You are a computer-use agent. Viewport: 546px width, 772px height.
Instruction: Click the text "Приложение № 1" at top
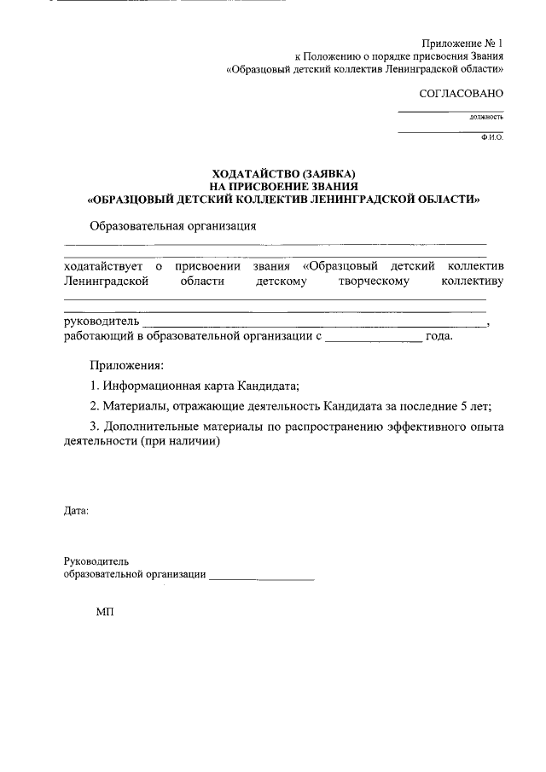463,43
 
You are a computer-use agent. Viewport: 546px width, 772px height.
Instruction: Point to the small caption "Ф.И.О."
492,136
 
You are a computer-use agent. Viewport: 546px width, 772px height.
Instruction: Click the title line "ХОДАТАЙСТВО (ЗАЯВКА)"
283,174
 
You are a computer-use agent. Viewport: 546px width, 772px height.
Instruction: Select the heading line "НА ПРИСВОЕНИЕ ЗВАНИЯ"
283,186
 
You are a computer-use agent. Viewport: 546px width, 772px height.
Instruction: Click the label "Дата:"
76,512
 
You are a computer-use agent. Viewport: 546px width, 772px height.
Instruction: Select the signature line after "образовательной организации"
261,579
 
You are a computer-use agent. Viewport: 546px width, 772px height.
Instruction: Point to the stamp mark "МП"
104,612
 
